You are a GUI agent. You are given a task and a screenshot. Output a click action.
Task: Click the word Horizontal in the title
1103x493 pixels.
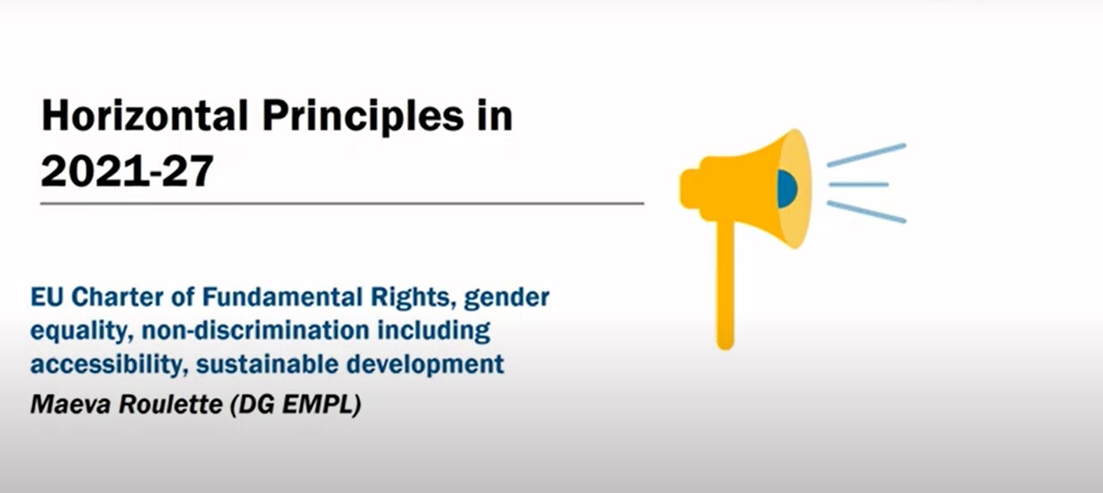145,116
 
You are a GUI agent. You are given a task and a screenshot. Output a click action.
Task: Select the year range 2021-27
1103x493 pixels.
127,170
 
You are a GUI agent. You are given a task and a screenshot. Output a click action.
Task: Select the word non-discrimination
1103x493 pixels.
255,331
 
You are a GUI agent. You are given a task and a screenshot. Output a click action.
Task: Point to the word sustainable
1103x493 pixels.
267,365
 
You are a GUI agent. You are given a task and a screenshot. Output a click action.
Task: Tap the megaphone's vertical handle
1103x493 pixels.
726,286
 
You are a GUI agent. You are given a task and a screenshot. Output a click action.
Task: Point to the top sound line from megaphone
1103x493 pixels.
866,155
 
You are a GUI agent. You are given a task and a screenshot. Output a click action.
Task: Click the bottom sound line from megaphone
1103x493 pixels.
866,212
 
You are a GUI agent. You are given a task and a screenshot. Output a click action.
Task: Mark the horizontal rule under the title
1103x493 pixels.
342,204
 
